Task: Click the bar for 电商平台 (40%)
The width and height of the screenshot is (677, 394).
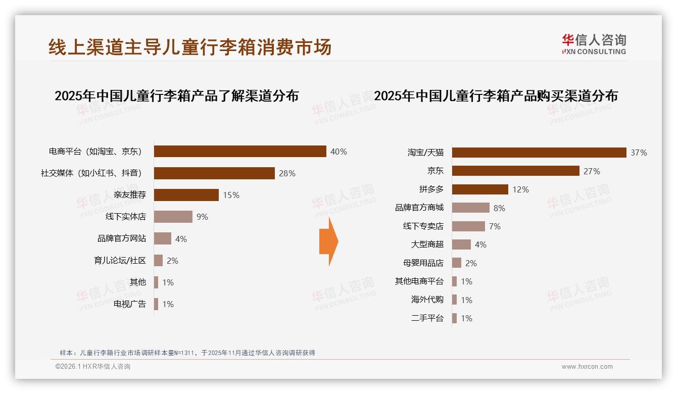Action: click(240, 152)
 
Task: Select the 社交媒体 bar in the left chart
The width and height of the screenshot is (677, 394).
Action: click(214, 173)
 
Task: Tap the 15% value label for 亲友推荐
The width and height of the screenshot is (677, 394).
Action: click(231, 195)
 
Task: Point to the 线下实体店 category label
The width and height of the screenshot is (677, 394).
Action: click(126, 217)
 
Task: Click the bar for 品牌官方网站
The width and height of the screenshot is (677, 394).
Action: click(163, 238)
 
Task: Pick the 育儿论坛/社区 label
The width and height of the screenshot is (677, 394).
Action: click(120, 261)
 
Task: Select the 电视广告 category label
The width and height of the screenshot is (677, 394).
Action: click(130, 304)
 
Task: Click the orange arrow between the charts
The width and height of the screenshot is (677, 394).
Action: click(328, 241)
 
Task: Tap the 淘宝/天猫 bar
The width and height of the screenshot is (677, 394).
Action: click(539, 153)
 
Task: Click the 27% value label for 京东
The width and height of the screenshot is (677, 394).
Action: click(592, 171)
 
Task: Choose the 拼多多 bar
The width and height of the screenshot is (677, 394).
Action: click(480, 189)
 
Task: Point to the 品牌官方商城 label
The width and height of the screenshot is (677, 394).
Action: click(419, 208)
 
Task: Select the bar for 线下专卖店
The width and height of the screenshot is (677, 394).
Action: click(468, 226)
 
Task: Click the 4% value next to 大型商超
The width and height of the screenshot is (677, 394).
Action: click(480, 244)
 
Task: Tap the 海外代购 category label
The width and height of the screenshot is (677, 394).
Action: click(427, 300)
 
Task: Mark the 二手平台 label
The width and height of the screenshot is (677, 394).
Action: click(427, 318)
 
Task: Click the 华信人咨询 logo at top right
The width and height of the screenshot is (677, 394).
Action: click(594, 44)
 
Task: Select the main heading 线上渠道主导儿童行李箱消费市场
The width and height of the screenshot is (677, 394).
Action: click(190, 47)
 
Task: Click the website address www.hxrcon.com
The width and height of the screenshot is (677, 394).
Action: click(587, 367)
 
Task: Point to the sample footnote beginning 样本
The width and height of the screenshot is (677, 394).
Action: click(187, 353)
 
